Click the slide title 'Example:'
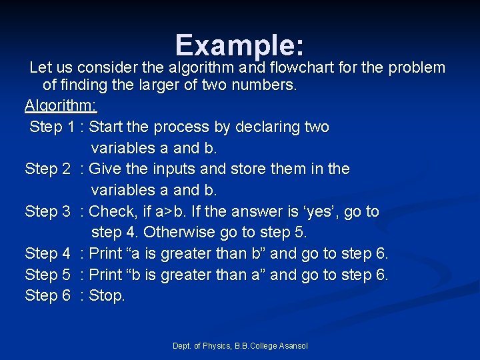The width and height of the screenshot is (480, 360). click(x=240, y=45)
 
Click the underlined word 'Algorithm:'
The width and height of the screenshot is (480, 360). click(x=61, y=106)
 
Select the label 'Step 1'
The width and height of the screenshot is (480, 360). click(x=52, y=127)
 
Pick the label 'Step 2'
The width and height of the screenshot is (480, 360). click(x=47, y=169)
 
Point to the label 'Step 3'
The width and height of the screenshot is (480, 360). click(x=47, y=212)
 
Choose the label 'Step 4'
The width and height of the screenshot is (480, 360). click(x=47, y=253)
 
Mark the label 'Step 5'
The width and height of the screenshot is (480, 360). click(x=47, y=275)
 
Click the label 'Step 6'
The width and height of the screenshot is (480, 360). click(x=47, y=295)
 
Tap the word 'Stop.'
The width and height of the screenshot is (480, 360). click(x=107, y=295)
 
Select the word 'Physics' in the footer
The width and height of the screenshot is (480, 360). click(x=215, y=345)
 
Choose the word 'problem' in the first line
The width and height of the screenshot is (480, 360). click(x=416, y=67)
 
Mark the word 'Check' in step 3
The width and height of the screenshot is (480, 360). click(x=111, y=212)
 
